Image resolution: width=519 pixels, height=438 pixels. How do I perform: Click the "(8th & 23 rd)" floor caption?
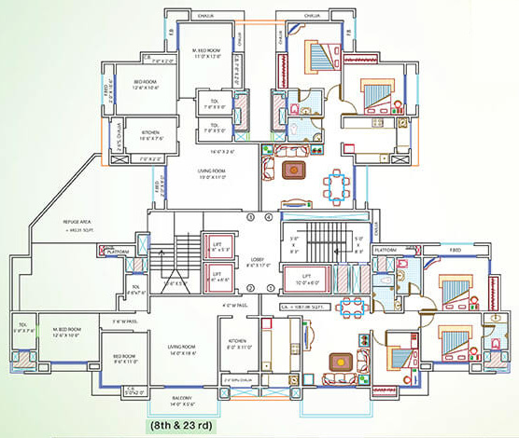pyautogui.click(x=183, y=426)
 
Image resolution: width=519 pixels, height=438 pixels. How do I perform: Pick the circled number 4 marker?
pyautogui.click(x=270, y=218)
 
